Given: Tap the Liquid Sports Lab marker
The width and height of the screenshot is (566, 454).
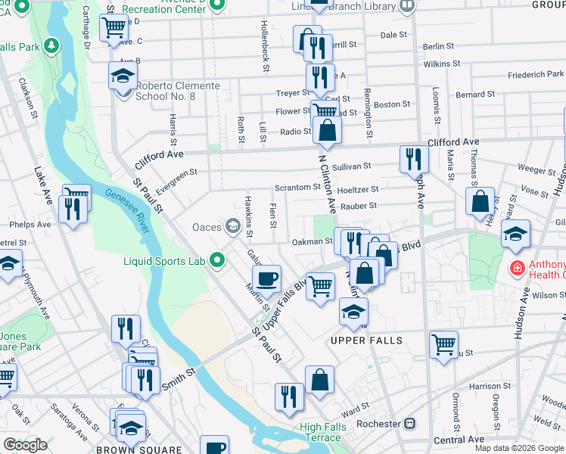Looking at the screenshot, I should click(219, 262).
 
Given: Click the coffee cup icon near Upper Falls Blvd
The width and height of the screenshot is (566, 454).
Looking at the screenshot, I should click(266, 278).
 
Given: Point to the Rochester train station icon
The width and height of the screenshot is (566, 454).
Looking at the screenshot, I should click(411, 424).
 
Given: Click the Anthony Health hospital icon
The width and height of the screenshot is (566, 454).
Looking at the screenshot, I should click(518, 268).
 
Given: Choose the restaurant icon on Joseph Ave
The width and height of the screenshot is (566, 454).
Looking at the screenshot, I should click(413, 159).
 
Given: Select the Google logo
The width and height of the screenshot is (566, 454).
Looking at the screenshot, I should click(26, 446).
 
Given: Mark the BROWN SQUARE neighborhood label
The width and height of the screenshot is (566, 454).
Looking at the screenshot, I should click(138, 449).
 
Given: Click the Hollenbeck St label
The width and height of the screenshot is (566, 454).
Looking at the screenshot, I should click(266, 46).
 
